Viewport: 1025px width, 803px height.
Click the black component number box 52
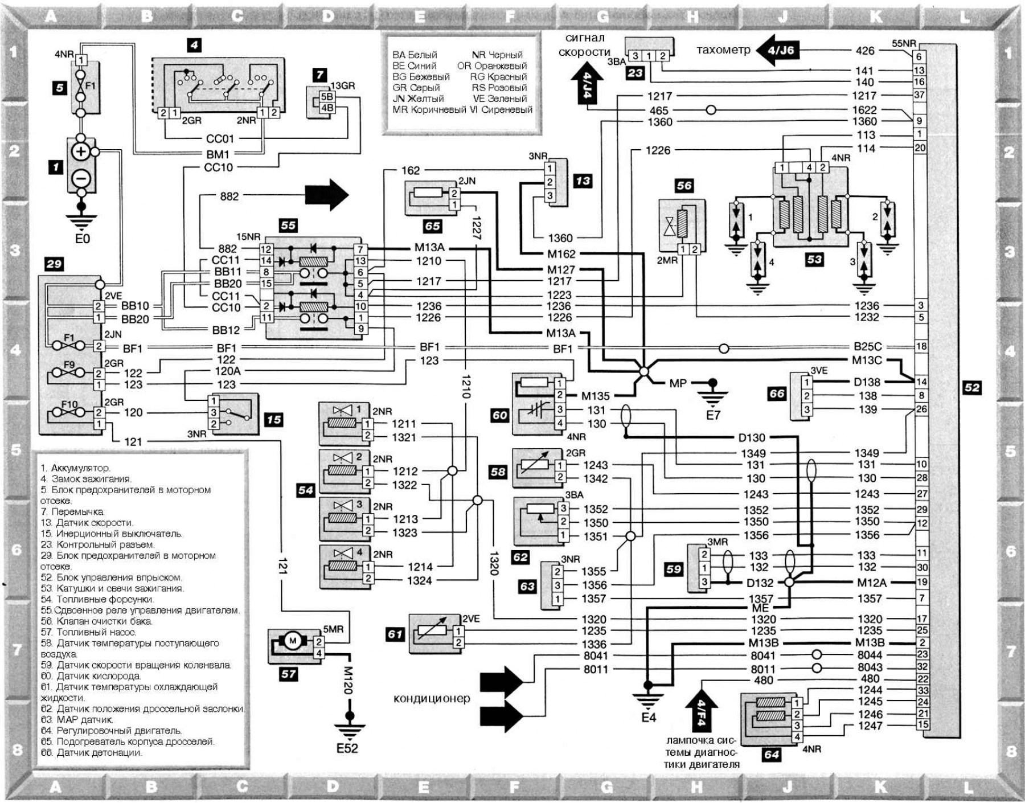pos(972,388)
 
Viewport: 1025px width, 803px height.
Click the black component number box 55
pos(288,225)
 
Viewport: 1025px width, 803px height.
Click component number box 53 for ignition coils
pos(814,260)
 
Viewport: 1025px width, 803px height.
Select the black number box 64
pos(772,755)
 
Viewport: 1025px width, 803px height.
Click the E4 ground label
pos(649,718)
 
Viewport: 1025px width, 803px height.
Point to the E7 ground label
pos(713,415)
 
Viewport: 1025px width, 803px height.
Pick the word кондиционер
pos(432,698)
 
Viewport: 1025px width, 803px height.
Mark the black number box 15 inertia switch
pos(274,420)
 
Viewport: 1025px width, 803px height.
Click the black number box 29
pos(54,264)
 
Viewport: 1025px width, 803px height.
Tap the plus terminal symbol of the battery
pos(81,151)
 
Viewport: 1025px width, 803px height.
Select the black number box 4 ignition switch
pos(194,44)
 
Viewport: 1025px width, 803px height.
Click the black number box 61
pos(395,634)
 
